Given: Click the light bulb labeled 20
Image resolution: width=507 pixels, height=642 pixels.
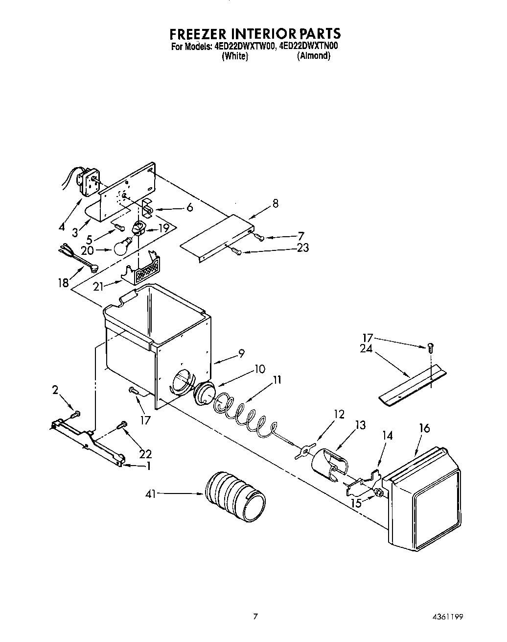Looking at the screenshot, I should [x=122, y=247].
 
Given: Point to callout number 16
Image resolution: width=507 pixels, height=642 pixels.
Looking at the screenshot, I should [x=424, y=429].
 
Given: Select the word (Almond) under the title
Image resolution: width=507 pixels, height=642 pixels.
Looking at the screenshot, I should [x=314, y=56].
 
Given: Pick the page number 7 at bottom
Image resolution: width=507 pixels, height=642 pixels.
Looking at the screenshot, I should [x=255, y=617].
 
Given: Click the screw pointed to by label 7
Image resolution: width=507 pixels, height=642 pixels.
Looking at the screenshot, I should [x=260, y=238].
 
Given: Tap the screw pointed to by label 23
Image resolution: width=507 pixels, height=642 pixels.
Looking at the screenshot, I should [x=237, y=252].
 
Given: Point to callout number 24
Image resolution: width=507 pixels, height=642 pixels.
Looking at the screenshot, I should [x=366, y=349].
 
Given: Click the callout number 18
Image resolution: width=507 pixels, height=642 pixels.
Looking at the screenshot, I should [x=64, y=283].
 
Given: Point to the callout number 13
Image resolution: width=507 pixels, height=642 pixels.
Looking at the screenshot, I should [x=360, y=425].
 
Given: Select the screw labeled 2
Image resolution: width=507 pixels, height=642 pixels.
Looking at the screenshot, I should [x=75, y=415].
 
